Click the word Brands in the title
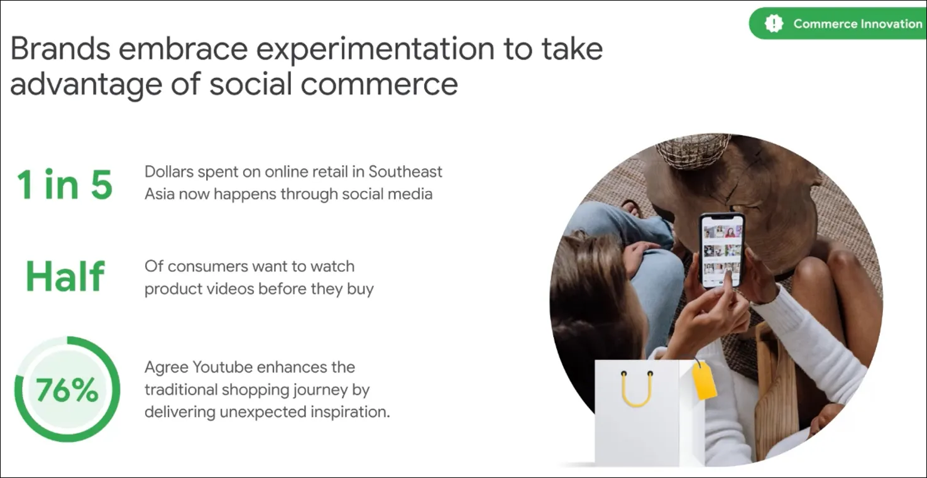point(60,49)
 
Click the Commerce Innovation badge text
point(857,24)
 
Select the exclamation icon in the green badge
point(774,24)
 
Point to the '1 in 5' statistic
point(65,185)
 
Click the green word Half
point(65,276)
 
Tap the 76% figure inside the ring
point(67,390)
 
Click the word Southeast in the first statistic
point(405,171)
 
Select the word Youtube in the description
point(222,367)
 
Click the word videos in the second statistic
point(231,288)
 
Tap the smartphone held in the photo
point(722,251)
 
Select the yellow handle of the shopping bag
point(637,389)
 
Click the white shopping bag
point(650,413)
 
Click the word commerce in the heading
point(379,84)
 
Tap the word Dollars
point(169,171)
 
